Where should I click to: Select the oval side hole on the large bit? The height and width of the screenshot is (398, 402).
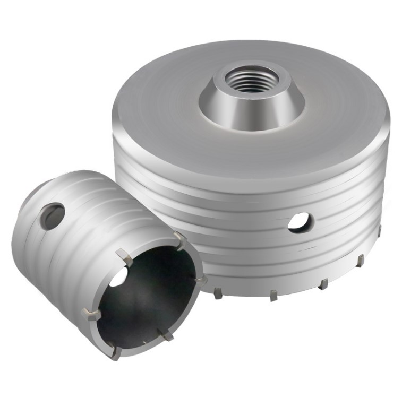pyautogui.click(x=301, y=222)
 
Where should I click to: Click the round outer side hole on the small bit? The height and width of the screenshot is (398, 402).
pyautogui.click(x=52, y=216)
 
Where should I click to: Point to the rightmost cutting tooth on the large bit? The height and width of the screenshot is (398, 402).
pyautogui.click(x=380, y=230)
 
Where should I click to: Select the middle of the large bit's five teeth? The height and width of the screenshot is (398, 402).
pyautogui.click(x=323, y=284)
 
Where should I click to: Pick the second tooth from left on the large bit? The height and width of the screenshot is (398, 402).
pyautogui.click(x=273, y=295)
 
